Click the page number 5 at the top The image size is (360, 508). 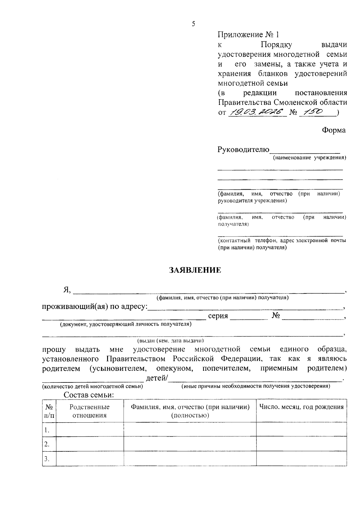pos(193,24)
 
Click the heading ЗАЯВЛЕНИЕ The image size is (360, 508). pos(195,270)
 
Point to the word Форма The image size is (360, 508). pos(334,130)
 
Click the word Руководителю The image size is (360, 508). pos(243,150)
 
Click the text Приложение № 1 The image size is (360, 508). pos(248,35)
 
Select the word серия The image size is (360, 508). pos(218,316)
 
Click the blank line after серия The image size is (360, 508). pos(249,318)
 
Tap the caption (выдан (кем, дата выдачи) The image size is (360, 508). pos(170,341)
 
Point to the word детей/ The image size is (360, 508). pos(157,378)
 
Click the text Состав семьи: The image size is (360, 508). pos(89,395)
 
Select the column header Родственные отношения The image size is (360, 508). pos(89,411)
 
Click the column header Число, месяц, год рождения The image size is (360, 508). pos(301,407)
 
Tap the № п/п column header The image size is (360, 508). pos(49,411)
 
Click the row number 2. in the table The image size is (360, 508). pos(47,444)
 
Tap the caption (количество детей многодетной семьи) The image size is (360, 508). pos(92,386)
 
